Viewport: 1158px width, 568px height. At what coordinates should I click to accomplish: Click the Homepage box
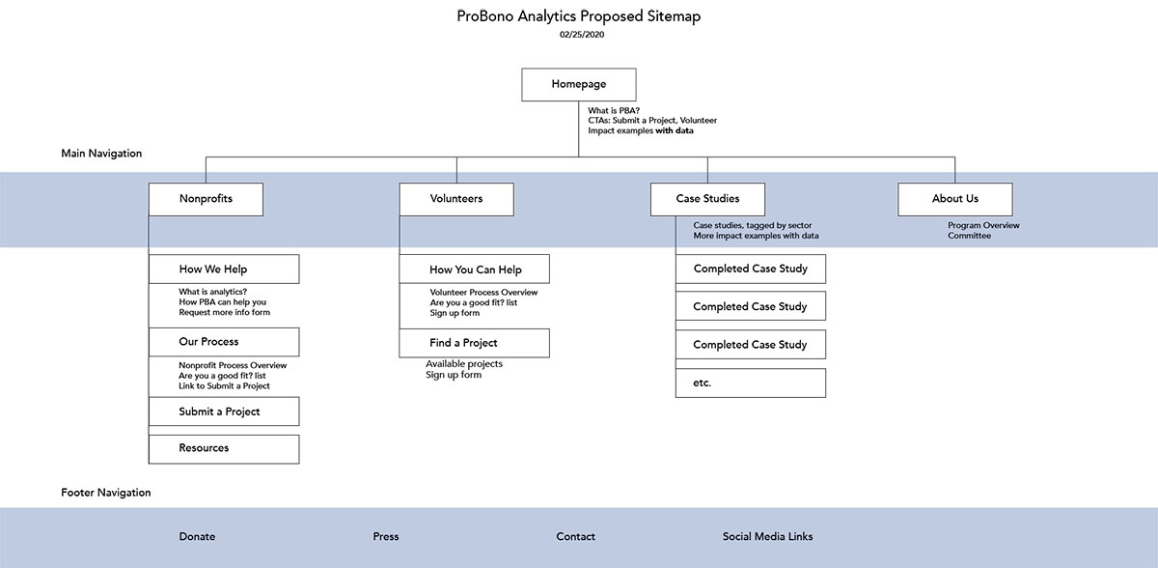[578, 84]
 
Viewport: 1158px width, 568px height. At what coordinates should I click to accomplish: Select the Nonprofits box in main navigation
[206, 199]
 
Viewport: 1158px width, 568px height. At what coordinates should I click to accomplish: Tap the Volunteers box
[456, 199]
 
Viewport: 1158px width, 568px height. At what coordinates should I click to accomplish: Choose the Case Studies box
[707, 199]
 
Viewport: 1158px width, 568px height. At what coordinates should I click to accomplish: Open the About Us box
[954, 199]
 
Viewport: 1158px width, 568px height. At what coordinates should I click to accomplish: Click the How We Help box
[224, 270]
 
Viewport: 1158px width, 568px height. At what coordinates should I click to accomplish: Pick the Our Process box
[224, 342]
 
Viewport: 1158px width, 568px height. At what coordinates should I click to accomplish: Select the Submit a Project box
[224, 412]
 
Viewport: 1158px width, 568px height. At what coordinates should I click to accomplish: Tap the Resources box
[224, 448]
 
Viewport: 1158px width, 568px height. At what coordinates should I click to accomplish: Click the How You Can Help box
[475, 270]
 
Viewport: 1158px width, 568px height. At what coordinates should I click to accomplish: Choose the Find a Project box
[475, 343]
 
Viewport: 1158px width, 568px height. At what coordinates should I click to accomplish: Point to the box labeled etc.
[751, 383]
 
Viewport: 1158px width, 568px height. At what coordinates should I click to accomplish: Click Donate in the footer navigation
[197, 537]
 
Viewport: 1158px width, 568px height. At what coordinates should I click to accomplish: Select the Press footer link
[386, 537]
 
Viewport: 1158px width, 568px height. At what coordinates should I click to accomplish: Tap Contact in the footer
[575, 537]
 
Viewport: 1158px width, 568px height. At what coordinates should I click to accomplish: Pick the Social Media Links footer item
[767, 537]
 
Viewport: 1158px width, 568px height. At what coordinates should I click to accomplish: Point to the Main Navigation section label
[101, 154]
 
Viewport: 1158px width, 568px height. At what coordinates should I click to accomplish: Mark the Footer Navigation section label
[105, 493]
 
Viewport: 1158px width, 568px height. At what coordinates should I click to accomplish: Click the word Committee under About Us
[969, 236]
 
